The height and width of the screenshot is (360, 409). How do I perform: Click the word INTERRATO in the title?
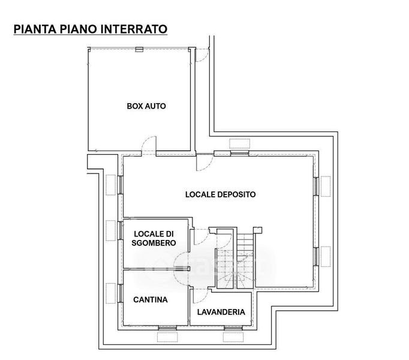coord(134,28)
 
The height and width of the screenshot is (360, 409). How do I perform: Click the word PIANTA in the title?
coord(34,28)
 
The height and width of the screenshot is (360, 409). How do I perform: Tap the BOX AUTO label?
coord(146,106)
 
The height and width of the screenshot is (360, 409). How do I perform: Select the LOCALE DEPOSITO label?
coord(220,194)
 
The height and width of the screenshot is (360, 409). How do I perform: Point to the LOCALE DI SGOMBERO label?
coord(155,238)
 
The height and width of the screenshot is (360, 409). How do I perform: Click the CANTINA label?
coord(150,299)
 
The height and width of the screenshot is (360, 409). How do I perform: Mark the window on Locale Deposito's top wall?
coord(239,152)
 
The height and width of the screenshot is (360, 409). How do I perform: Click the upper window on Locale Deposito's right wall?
coord(317,185)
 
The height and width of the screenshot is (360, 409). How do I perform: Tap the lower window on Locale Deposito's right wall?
coord(317,256)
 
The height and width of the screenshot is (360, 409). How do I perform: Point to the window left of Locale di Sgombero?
coord(120,231)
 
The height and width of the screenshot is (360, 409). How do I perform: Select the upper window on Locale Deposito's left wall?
coord(120,184)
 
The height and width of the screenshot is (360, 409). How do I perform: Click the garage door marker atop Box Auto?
coord(139,49)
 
